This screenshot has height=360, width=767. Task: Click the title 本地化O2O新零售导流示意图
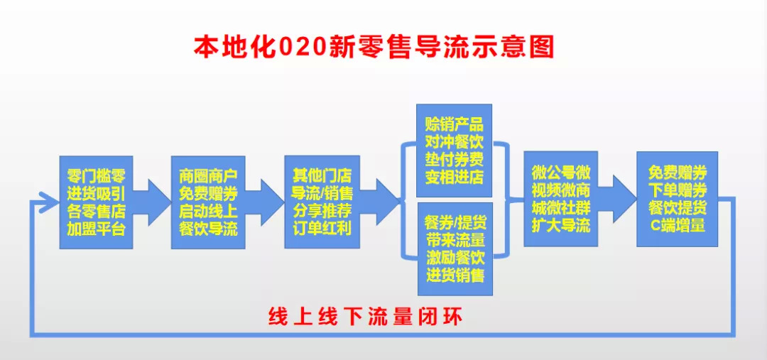click(374, 46)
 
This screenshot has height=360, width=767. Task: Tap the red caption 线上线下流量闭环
click(365, 316)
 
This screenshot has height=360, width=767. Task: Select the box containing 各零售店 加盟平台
click(96, 202)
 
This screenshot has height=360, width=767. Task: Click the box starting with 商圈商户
click(208, 202)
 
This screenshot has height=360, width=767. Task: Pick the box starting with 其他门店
click(322, 202)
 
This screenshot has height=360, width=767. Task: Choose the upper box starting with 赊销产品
click(454, 151)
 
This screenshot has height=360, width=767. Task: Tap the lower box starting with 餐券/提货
click(455, 249)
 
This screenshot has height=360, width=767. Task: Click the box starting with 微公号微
click(560, 199)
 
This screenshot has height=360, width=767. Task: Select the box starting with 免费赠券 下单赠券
click(677, 199)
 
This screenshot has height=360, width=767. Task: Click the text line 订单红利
click(322, 229)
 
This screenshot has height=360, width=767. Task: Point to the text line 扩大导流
click(560, 226)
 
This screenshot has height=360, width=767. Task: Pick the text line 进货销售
click(455, 275)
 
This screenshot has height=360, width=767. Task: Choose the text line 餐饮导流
click(208, 229)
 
